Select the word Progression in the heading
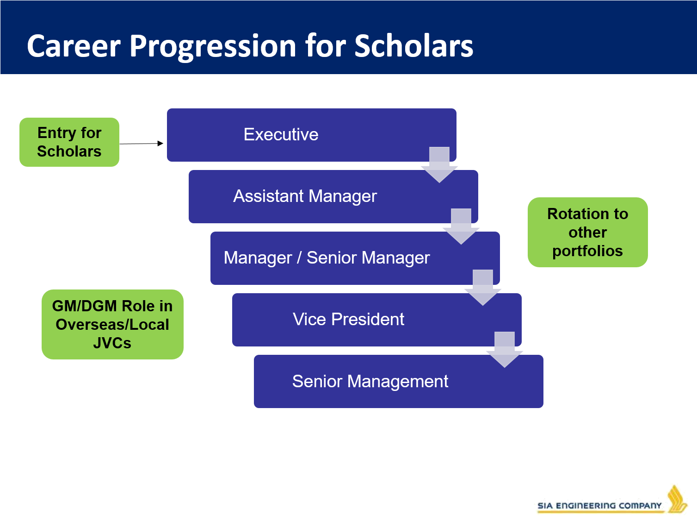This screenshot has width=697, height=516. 213,47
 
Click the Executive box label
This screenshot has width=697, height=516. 281,134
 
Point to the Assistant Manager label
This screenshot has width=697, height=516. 305,196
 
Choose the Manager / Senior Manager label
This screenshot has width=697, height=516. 327,258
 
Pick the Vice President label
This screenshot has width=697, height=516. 348,319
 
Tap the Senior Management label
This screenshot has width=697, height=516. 370,381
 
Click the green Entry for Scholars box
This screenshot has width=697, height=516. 69,142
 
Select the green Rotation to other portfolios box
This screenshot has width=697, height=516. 588,233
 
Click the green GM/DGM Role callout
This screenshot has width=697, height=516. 112,324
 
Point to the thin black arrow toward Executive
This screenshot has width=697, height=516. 142,144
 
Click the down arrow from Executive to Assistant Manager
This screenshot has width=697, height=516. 439,165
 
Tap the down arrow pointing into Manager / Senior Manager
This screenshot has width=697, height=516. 461,227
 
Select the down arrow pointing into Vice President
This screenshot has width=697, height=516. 483,288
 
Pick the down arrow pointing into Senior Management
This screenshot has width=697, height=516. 505,349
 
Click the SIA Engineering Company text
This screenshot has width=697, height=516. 599,506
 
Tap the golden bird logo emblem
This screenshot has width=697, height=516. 677,499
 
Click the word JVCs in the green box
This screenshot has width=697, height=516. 112,343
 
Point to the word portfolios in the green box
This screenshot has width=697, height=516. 588,251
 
